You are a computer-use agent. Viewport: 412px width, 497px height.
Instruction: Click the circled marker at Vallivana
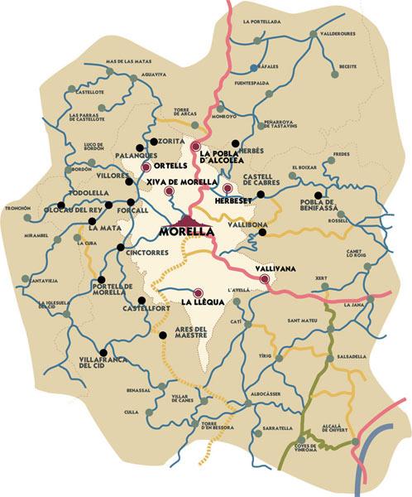264,279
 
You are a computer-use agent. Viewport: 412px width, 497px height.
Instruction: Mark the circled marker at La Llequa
198,292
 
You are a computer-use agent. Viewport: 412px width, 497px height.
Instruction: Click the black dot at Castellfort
141,300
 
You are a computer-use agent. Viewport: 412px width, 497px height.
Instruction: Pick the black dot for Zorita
151,142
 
